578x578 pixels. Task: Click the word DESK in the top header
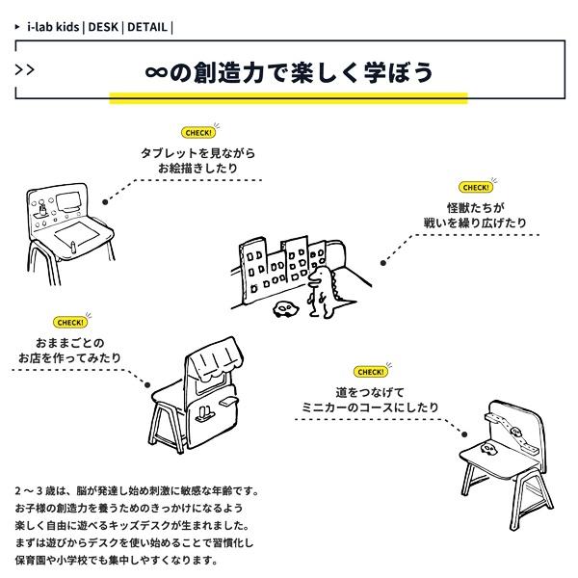(x=103, y=27)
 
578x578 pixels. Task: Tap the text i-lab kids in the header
(x=53, y=27)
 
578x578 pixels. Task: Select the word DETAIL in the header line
(x=146, y=27)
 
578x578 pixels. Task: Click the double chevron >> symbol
(x=26, y=68)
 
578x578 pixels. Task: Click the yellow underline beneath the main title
(x=288, y=97)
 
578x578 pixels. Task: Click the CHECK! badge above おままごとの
(x=69, y=323)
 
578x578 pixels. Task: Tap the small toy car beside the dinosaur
(x=284, y=308)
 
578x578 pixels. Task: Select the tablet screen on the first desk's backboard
(x=70, y=203)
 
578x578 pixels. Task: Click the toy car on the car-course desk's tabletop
(x=487, y=449)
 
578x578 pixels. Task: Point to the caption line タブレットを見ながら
(x=197, y=154)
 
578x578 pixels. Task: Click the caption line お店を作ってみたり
(x=70, y=358)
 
